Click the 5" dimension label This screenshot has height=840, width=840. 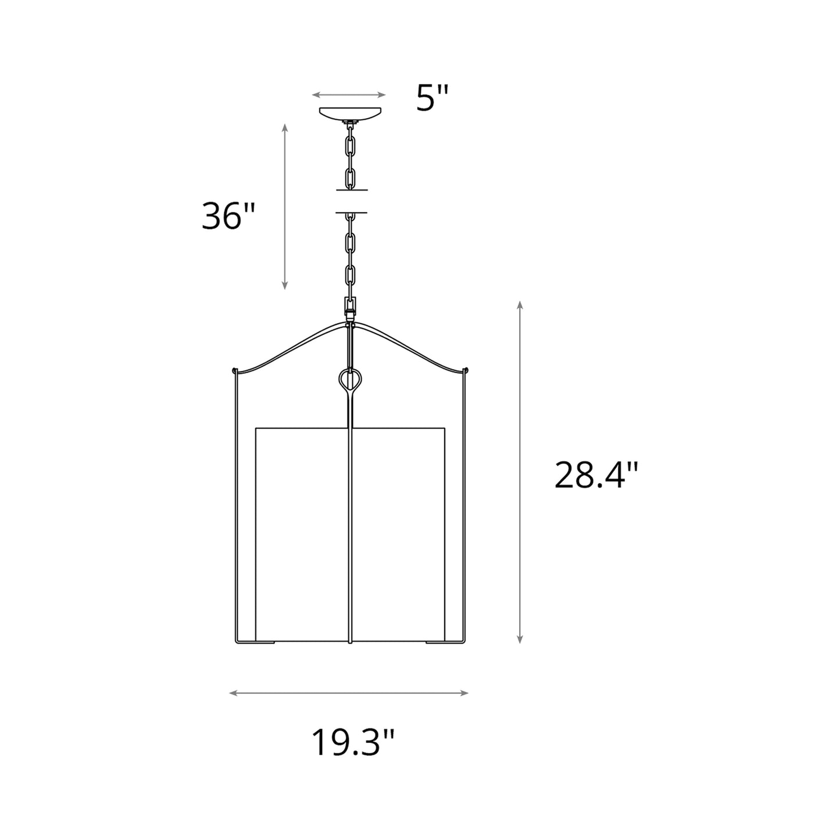[433, 98]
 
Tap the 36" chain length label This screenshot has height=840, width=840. [228, 216]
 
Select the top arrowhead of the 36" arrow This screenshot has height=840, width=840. [284, 127]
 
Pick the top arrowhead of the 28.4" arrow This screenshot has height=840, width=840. [520, 305]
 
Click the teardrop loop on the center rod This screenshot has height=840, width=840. [350, 380]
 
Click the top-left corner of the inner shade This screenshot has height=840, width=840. [256, 429]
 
